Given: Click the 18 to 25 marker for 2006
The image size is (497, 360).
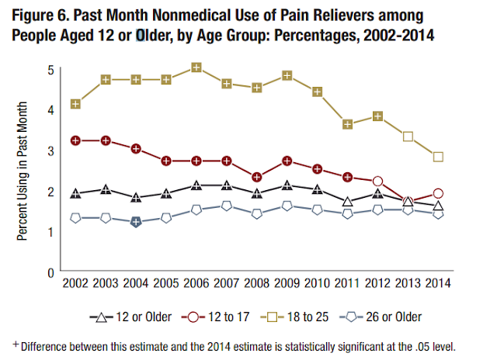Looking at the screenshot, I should point(196,67).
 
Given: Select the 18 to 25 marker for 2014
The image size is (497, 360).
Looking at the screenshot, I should point(438,156).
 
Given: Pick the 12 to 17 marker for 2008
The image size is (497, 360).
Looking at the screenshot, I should point(256,177).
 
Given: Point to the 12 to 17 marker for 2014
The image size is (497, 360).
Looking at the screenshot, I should point(438,193).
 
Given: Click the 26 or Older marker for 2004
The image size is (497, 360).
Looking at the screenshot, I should point(135,222).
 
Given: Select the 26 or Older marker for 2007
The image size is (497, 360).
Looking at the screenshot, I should point(226,206).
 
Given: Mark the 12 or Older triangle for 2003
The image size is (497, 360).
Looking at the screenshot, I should point(105,189).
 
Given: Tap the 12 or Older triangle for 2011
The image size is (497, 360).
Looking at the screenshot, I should point(347,202).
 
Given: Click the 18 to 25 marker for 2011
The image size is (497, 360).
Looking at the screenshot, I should point(347,124).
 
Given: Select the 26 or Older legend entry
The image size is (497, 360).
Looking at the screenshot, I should point(388,317).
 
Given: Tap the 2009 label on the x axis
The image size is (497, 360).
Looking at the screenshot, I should point(287,285).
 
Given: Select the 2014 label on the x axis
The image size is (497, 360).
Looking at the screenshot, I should point(438,285).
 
